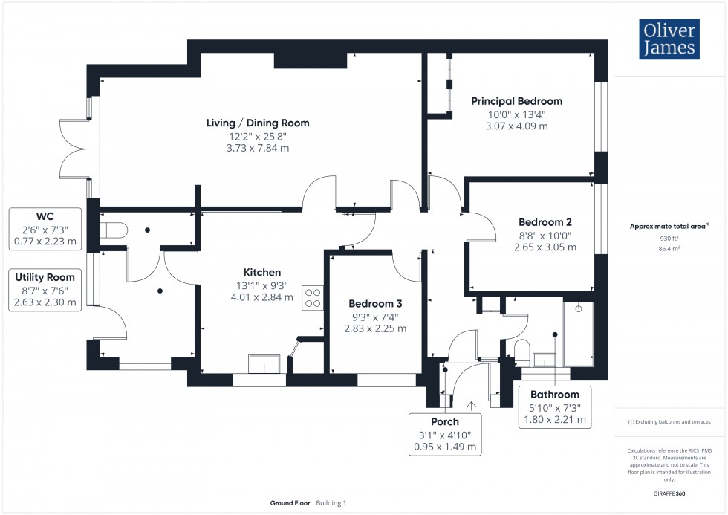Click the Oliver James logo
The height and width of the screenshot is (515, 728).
pos(669,40)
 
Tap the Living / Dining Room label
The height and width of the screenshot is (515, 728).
pos(258,123)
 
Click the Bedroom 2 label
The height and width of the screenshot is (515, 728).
pos(545,222)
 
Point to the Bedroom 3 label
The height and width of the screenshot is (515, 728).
pos(376,304)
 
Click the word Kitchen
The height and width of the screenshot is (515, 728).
pos(262,272)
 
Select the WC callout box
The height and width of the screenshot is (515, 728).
pos(45,228)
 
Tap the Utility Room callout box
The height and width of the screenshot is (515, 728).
pos(45,290)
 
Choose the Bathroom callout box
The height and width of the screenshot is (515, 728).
pos(554,407)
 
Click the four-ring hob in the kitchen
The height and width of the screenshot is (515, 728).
pos(313,297)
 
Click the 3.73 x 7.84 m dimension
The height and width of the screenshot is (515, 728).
pos(258,148)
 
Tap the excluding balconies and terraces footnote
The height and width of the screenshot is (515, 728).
pos(669,421)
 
